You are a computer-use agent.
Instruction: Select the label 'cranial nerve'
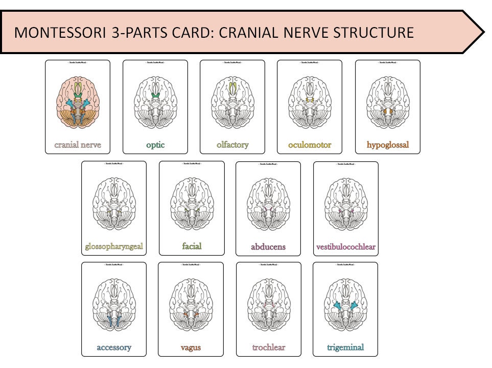(x=78, y=145)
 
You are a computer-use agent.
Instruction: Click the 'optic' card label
(x=155, y=145)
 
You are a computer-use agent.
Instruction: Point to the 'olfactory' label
(x=232, y=145)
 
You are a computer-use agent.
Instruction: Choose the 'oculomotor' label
(x=310, y=145)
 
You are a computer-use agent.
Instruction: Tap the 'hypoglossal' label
(x=388, y=145)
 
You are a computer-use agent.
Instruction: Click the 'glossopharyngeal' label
(x=114, y=247)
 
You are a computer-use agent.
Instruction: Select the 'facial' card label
(x=192, y=246)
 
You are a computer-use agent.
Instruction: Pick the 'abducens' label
(x=268, y=247)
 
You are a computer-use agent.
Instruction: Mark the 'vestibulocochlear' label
(x=346, y=247)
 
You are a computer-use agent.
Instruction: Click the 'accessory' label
(x=114, y=348)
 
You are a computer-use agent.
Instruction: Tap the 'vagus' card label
(x=191, y=348)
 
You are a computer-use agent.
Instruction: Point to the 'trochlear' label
(x=269, y=348)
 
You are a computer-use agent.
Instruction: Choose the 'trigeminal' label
(x=345, y=348)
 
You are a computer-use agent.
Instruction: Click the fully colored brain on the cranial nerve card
(x=78, y=102)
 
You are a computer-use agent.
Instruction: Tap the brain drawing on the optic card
(x=155, y=102)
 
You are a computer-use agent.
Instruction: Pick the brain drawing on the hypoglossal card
(x=388, y=102)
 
